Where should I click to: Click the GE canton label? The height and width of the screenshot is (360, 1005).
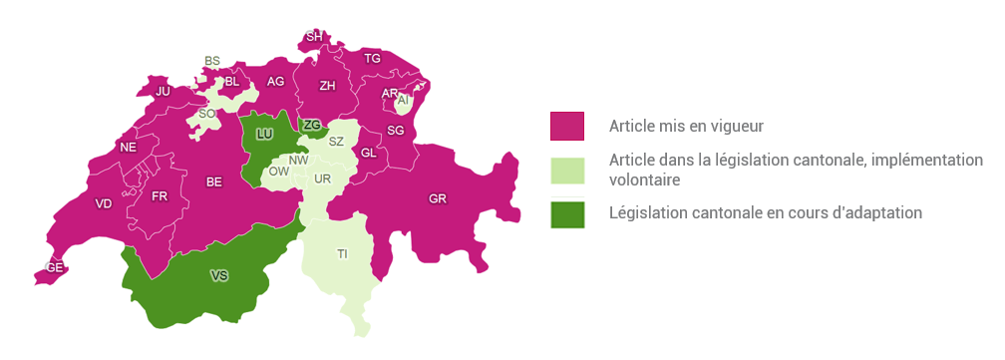pyautogui.click(x=55, y=267)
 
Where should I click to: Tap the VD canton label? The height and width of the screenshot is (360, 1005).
pyautogui.click(x=104, y=203)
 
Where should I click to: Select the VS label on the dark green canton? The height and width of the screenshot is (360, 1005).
pyautogui.click(x=218, y=274)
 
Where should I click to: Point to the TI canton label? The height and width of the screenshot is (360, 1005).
pyautogui.click(x=342, y=254)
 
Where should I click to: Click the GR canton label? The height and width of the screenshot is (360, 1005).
pyautogui.click(x=437, y=198)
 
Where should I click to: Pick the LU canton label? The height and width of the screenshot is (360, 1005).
pyautogui.click(x=264, y=134)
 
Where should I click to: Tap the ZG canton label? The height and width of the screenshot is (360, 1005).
pyautogui.click(x=312, y=125)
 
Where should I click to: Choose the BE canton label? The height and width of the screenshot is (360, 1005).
pyautogui.click(x=214, y=181)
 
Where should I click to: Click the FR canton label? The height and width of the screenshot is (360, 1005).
pyautogui.click(x=160, y=195)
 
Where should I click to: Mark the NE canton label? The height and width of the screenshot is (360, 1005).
pyautogui.click(x=128, y=148)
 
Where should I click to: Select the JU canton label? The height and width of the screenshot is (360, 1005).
pyautogui.click(x=164, y=91)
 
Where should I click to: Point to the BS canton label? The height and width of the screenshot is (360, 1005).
pyautogui.click(x=211, y=61)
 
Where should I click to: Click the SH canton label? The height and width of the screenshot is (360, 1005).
pyautogui.click(x=314, y=37)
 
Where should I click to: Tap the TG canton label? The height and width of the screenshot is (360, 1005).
pyautogui.click(x=373, y=59)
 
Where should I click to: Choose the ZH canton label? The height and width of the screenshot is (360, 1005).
pyautogui.click(x=327, y=86)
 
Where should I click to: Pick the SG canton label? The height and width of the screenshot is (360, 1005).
pyautogui.click(x=396, y=131)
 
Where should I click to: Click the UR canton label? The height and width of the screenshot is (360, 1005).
pyautogui.click(x=321, y=179)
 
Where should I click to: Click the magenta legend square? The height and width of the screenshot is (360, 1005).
pyautogui.click(x=567, y=127)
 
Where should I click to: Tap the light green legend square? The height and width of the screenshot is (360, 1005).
pyautogui.click(x=567, y=170)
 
